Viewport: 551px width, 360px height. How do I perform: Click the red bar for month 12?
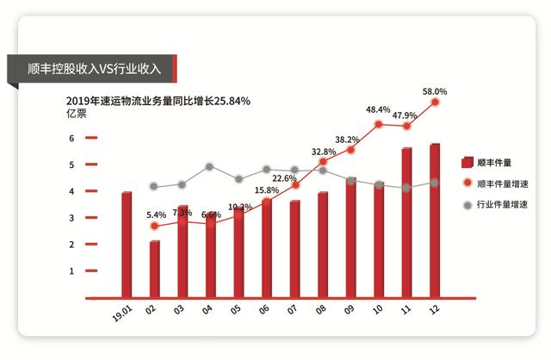pos(435,221)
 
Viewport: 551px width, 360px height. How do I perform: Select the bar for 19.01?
pos(127,245)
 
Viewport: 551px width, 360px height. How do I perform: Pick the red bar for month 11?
pos(406,224)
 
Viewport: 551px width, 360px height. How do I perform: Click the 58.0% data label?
pos(435,90)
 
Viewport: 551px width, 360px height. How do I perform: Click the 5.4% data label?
pos(157,215)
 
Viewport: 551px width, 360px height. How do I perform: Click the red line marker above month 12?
pos(435,102)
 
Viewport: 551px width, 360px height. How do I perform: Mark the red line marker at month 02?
pos(155,226)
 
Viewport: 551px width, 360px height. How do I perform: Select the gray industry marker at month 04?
pos(210,167)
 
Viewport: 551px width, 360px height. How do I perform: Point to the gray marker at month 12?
pos(435,183)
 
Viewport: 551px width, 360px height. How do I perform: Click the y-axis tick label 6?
pos(72,138)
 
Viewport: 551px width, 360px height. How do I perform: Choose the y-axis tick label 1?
pos(72,271)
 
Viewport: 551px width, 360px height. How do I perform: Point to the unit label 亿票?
pos(77,115)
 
